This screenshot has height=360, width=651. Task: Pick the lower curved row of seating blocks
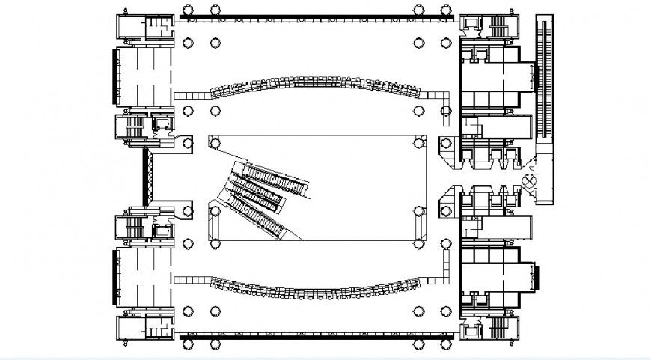[314, 287]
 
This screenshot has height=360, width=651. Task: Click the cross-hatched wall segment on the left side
[148, 175]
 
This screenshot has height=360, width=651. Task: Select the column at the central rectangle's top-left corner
[215, 142]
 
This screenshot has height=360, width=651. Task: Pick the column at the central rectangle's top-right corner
[418, 142]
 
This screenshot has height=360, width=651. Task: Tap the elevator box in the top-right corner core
[474, 25]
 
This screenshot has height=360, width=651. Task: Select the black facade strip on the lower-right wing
[537, 276]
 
